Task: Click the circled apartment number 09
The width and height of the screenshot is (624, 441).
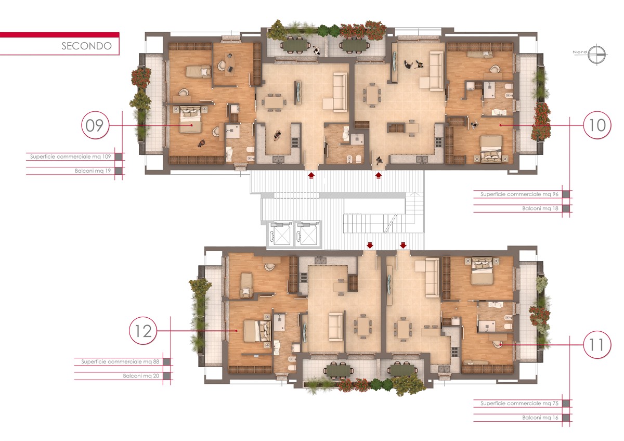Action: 95,125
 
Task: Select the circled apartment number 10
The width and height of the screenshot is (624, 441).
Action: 597,125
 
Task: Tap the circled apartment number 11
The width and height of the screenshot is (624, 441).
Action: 597,345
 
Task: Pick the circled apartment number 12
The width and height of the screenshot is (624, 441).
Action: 143,331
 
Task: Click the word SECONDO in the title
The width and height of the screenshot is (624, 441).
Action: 87,46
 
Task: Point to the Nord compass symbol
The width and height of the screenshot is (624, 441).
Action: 597,54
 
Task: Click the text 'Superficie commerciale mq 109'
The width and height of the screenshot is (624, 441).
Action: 71,157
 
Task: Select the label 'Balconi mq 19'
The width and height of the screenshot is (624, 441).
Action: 93,171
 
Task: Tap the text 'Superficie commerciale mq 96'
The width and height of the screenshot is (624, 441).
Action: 519,194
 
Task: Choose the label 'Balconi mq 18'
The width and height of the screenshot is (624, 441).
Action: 540,209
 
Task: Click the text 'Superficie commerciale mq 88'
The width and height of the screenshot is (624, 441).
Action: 120,361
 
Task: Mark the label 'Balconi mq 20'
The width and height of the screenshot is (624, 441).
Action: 141,376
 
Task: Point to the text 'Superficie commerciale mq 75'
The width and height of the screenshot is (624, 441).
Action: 519,403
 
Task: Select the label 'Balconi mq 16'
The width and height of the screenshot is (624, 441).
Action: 540,418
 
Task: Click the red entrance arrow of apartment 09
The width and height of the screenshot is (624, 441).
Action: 311,175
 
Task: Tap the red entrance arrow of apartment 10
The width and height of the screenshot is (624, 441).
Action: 379,175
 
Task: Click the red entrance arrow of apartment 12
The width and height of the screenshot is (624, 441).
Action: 370,245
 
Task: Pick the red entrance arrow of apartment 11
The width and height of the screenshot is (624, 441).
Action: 403,245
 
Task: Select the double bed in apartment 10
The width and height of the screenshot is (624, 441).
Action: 491,149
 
